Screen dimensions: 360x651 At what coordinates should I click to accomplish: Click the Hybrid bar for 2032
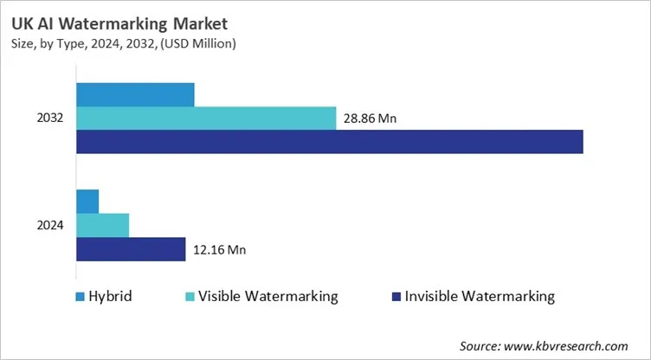point(135,94)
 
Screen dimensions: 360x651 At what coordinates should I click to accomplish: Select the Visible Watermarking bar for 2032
point(206,118)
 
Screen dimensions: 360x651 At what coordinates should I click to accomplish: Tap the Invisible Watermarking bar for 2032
point(329,141)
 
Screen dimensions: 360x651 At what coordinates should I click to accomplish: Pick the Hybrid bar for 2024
point(87,201)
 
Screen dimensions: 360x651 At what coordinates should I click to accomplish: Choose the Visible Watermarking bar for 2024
point(102,225)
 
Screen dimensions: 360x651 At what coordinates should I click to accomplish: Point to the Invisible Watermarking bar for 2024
point(131,249)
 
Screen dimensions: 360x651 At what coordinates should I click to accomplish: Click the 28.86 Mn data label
point(370,119)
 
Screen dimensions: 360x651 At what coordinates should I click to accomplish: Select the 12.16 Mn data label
point(219,250)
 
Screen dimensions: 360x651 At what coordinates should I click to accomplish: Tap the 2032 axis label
point(49,118)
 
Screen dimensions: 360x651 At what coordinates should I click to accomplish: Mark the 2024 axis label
point(49,225)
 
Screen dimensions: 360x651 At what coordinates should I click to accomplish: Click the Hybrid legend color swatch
point(81,297)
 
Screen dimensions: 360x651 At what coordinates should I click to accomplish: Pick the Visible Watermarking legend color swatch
point(189,297)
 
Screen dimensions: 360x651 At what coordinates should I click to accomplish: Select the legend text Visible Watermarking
point(267,297)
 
